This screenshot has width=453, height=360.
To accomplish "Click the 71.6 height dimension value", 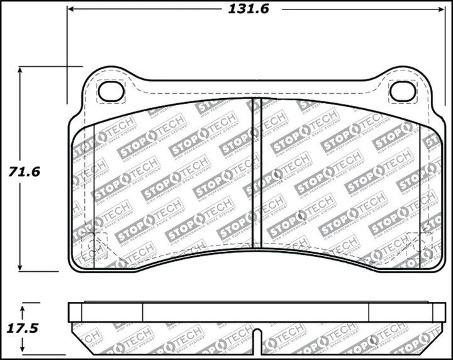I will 25,171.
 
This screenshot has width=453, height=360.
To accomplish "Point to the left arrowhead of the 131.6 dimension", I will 71,9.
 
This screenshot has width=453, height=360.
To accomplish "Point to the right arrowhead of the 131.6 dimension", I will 442,9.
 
